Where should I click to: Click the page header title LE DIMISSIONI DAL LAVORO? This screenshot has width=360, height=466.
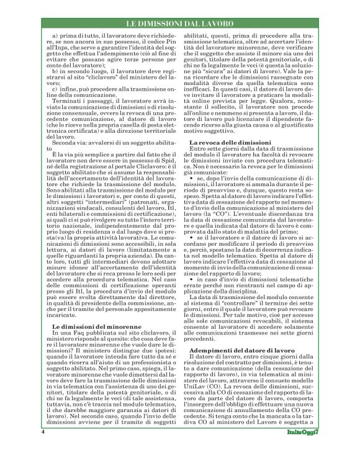point(179,24)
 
